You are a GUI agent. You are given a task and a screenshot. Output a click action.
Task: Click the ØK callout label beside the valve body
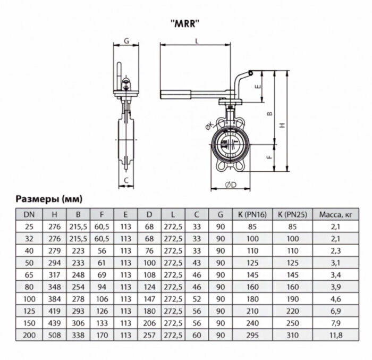(x=208, y=124)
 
